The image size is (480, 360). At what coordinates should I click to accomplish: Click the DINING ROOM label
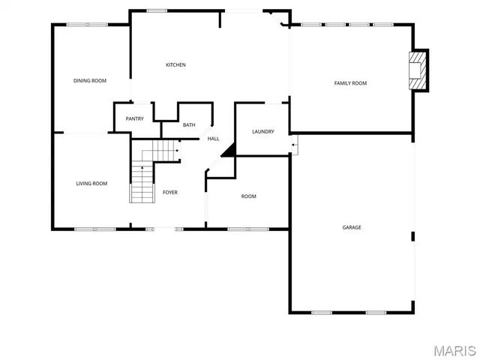click(89, 80)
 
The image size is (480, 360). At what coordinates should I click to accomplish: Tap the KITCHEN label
click(175, 65)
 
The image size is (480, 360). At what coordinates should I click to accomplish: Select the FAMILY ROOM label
click(350, 83)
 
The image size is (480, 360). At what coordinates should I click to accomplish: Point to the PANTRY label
click(135, 118)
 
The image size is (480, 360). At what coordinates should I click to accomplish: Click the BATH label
click(189, 125)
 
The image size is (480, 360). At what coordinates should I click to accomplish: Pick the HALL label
click(214, 139)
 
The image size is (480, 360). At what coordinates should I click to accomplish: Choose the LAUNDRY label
click(263, 132)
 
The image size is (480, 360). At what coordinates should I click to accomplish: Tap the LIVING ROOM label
click(91, 184)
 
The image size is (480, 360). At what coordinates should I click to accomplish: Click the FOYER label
click(170, 193)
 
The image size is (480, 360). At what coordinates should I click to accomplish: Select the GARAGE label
click(352, 227)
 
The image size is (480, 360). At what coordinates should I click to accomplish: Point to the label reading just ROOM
click(248, 196)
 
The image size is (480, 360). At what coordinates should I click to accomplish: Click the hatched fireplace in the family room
click(419, 71)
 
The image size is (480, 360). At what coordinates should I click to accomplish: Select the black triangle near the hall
click(229, 150)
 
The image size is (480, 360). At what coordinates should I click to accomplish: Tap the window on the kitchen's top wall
click(157, 10)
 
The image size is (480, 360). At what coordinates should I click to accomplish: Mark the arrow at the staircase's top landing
click(176, 151)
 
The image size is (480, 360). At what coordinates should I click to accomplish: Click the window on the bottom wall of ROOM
click(239, 229)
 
